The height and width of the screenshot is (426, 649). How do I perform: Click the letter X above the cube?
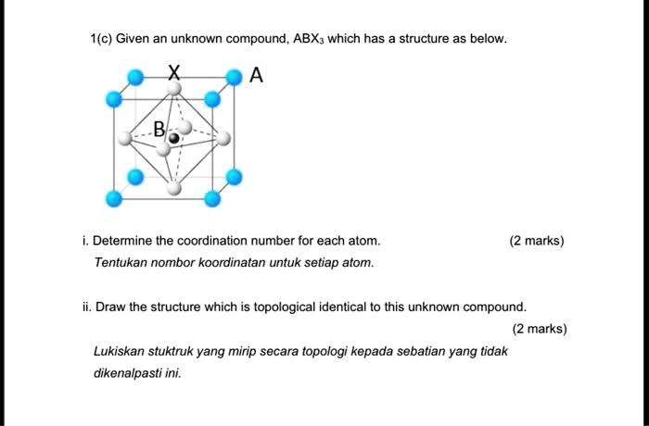pyautogui.click(x=173, y=72)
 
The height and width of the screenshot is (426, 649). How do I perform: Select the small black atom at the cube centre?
pyautogui.click(x=173, y=138)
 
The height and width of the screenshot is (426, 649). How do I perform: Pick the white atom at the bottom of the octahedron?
pyautogui.click(x=173, y=189)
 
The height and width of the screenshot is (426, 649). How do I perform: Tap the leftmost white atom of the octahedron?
pyautogui.click(x=124, y=140)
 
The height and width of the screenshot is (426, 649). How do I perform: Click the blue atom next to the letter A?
pyautogui.click(x=235, y=77)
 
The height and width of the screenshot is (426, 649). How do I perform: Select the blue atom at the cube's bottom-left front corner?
pyautogui.click(x=114, y=198)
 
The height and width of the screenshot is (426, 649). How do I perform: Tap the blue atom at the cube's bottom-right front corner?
pyautogui.click(x=211, y=198)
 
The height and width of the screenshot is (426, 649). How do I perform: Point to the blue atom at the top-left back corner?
pyautogui.click(x=135, y=77)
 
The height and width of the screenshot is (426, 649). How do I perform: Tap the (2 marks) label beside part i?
pyautogui.click(x=536, y=241)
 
